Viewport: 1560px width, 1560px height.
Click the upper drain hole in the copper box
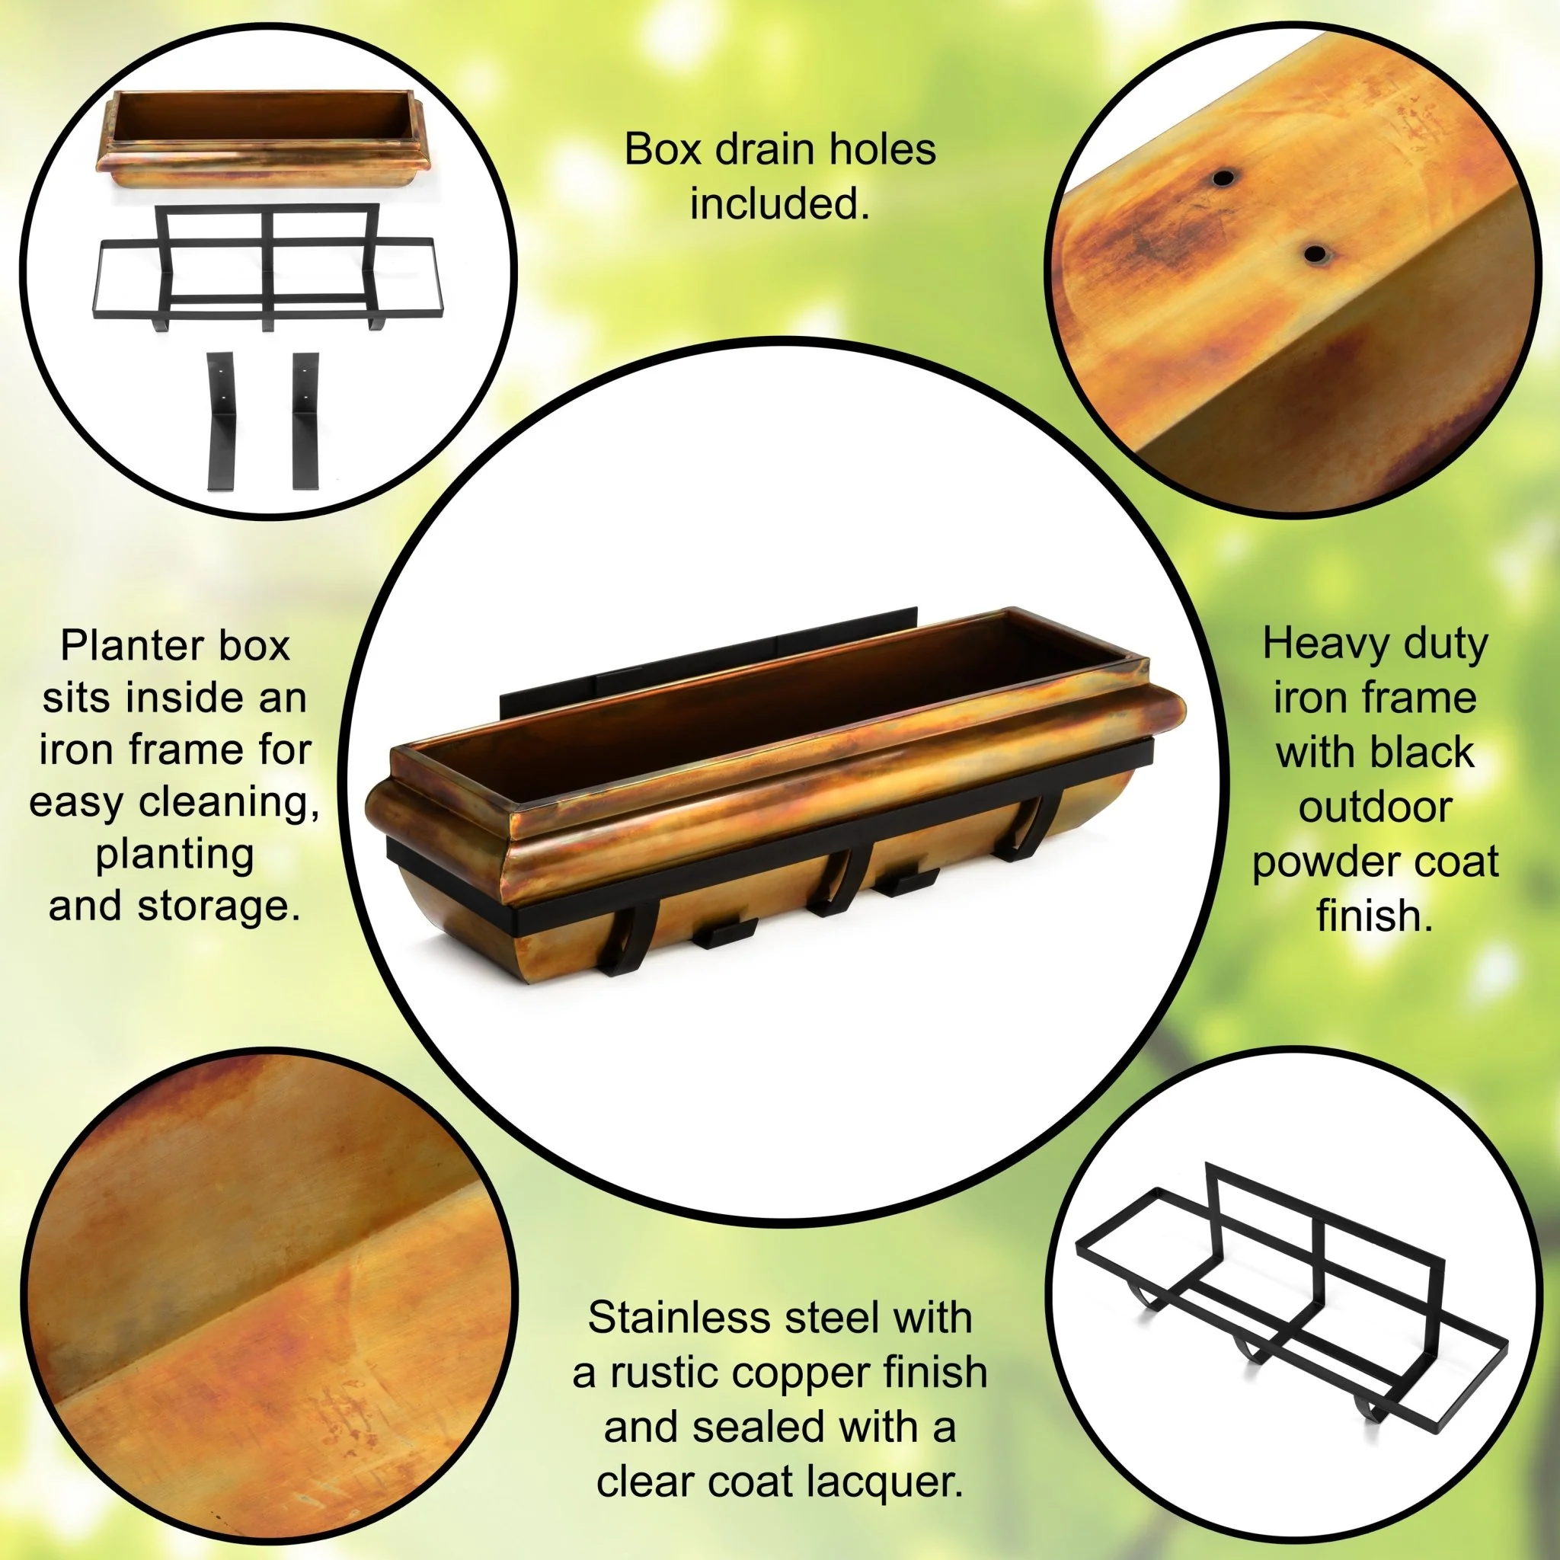point(1225,177)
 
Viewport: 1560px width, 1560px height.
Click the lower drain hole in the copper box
point(1315,254)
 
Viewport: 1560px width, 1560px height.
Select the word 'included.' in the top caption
point(779,203)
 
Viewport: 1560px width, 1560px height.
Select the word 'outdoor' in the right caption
point(1375,807)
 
